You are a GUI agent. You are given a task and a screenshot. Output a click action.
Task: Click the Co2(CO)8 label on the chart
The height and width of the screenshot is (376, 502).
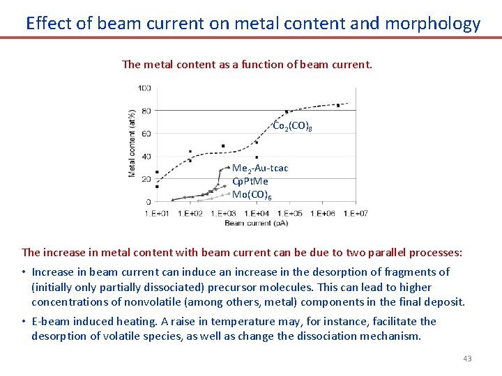[x=292, y=127]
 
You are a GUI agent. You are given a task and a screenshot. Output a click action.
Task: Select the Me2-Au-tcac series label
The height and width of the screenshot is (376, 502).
[x=259, y=169]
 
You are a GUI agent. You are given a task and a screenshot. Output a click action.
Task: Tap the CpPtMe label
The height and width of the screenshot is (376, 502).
[x=250, y=182]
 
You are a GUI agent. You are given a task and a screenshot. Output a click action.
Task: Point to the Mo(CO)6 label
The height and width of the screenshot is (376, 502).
[x=252, y=195]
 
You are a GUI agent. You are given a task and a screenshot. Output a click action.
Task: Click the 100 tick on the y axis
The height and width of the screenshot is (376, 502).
[x=144, y=88]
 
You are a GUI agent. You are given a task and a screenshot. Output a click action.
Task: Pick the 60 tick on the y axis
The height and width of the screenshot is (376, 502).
[x=146, y=134]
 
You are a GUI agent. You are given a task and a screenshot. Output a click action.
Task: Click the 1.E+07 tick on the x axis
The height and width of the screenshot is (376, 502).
[x=358, y=213]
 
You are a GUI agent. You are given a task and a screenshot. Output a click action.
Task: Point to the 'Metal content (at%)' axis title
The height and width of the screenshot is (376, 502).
[x=132, y=143]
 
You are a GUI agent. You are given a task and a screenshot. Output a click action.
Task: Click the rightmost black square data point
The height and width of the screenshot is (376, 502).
[x=338, y=105]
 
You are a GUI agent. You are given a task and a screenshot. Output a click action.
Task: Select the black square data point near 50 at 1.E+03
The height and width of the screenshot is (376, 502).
[x=223, y=146]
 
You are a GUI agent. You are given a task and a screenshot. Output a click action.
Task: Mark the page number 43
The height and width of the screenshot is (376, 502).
[x=467, y=359]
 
